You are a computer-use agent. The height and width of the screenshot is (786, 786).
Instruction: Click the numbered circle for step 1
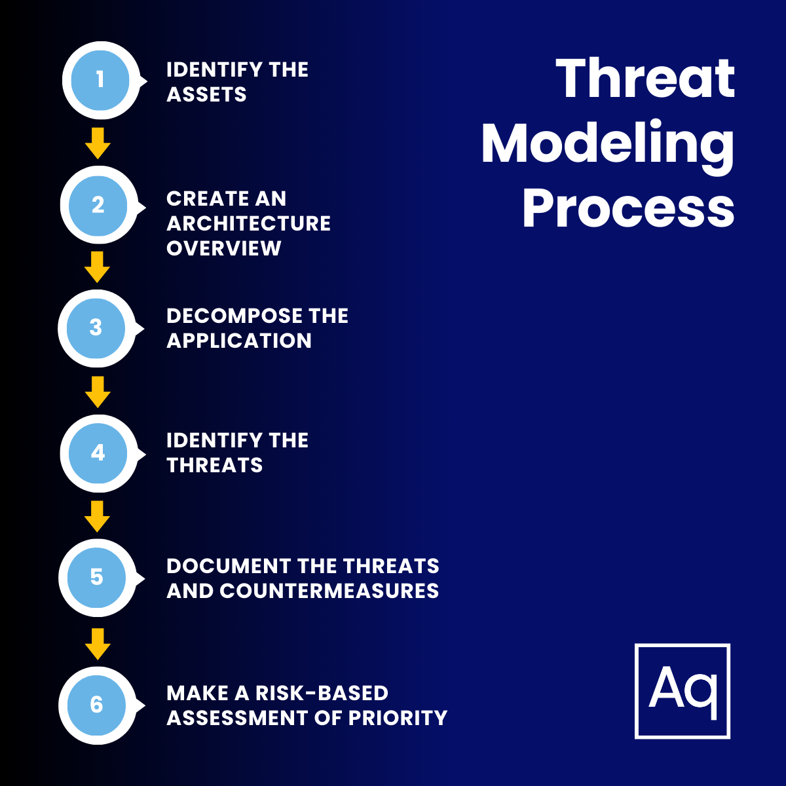coord(100,80)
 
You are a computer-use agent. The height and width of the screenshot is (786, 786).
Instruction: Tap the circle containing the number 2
coord(98,204)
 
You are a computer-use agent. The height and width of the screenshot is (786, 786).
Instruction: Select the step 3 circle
coord(96,327)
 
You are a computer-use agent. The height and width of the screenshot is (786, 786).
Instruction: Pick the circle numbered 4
coord(98,453)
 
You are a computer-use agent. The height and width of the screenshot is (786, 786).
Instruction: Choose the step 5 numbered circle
coord(97,577)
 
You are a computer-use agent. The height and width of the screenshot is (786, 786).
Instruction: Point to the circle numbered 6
coord(97,705)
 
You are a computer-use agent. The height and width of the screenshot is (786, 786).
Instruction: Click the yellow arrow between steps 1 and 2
coord(98,143)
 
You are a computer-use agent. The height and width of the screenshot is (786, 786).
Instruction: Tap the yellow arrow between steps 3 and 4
coord(98,392)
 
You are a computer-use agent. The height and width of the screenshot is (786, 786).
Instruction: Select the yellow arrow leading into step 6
coord(98,644)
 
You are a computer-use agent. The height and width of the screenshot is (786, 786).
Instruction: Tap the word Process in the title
coord(628,208)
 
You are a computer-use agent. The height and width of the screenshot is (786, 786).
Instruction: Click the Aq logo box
coord(683,691)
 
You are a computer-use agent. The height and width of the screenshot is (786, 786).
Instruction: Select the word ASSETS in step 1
coord(206,95)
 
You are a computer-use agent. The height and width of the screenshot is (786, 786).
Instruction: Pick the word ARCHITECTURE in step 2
coord(249,223)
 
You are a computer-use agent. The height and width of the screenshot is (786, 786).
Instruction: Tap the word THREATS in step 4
coord(215,465)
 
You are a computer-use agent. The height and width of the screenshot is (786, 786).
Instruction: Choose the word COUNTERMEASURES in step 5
coord(329,591)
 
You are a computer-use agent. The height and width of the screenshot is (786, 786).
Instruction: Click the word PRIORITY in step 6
coord(398,718)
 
